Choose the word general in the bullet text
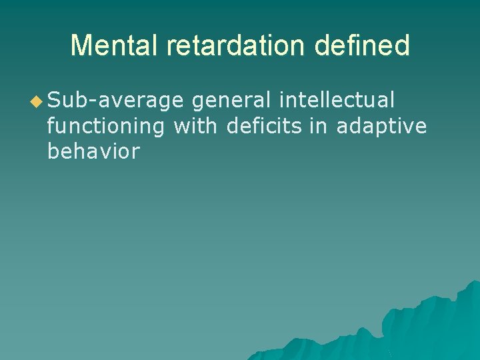(231, 101)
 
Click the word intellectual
(337, 100)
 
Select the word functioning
(107, 126)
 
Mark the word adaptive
(381, 126)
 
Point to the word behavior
(93, 151)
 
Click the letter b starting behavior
(53, 151)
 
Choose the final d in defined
(402, 45)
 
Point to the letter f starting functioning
(52, 125)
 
